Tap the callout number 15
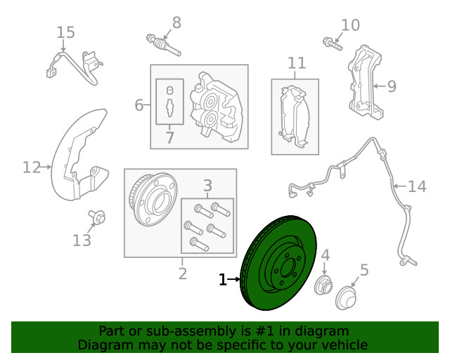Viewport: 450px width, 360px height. (65, 32)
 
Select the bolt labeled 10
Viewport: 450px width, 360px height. (333, 44)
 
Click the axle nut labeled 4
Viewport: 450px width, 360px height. (323, 285)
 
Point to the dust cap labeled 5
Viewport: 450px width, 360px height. (346, 298)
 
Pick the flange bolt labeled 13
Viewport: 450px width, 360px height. (97, 217)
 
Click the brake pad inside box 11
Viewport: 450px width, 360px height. (294, 117)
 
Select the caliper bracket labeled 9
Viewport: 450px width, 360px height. (366, 82)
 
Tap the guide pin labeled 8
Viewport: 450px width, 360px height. (163, 45)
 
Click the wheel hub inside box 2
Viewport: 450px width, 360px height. (153, 199)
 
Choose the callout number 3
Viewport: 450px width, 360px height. (207, 186)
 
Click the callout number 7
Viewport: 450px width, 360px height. (170, 138)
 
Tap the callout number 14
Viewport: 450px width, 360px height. (417, 186)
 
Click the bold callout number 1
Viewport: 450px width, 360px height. (223, 279)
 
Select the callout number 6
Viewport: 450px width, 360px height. (139, 105)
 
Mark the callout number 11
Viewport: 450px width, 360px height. (297, 63)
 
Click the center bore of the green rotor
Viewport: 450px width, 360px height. (288, 268)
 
